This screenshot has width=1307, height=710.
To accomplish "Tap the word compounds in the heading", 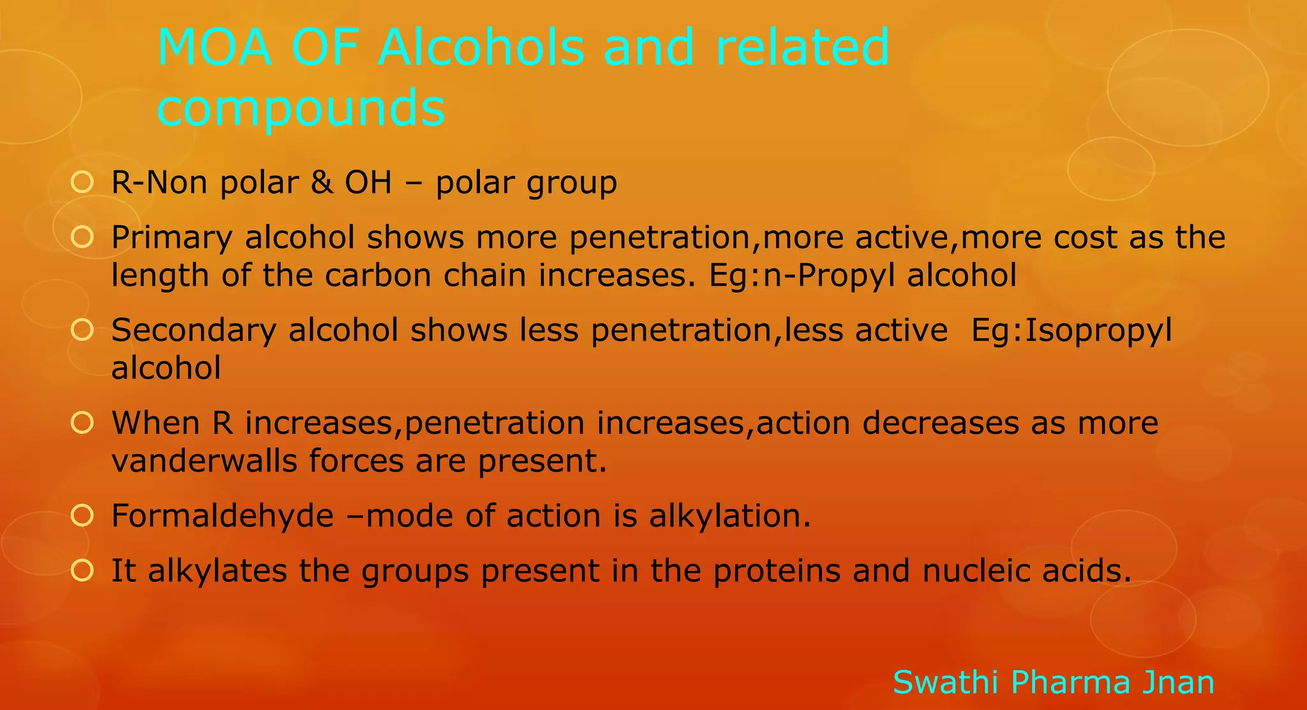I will click(301, 107).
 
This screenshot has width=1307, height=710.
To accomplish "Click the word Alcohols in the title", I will click(481, 48).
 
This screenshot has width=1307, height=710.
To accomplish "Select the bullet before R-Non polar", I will click(82, 182).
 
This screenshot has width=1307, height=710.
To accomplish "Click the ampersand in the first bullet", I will click(322, 182).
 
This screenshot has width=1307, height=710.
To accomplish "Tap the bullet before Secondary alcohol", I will click(82, 330).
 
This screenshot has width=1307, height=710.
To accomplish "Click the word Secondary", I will click(193, 330).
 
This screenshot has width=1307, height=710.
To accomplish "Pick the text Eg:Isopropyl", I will click(1072, 330).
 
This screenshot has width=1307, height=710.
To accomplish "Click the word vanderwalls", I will click(204, 461).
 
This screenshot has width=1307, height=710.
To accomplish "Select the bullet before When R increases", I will click(82, 422).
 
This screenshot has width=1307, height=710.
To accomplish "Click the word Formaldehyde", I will click(222, 515).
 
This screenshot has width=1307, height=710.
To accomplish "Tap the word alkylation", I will click(729, 515).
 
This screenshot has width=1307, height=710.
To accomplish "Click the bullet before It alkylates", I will click(82, 570).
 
